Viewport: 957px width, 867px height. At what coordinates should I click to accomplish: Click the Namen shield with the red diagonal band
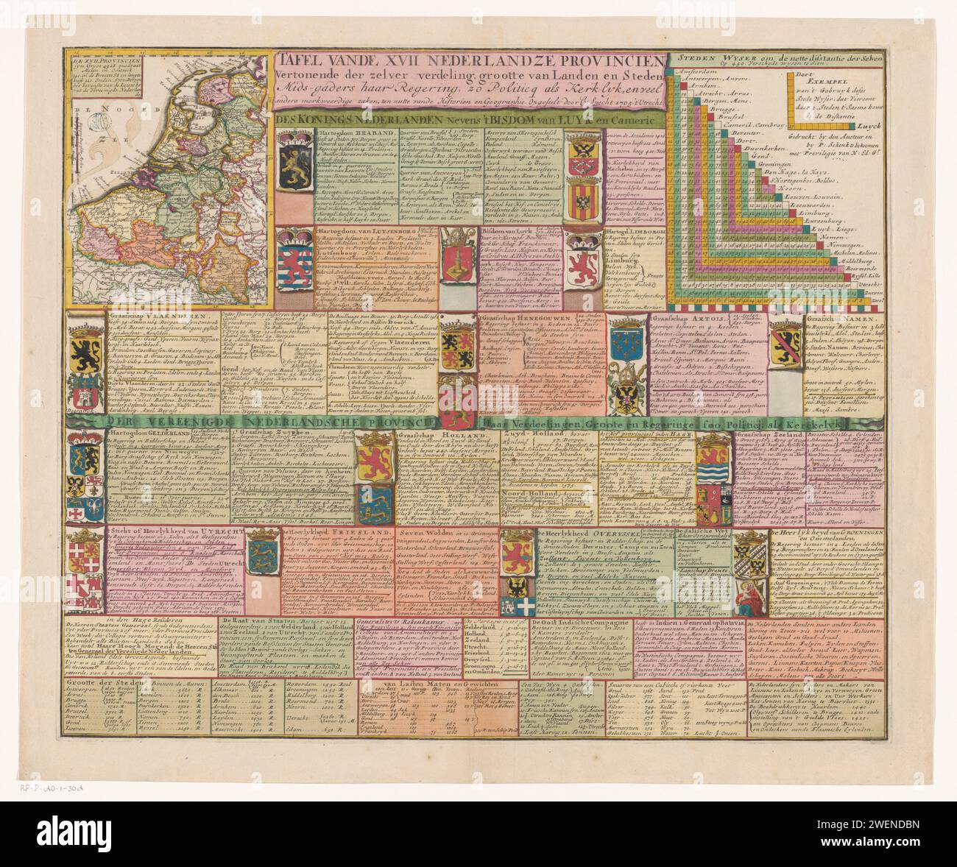pos(785,342)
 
